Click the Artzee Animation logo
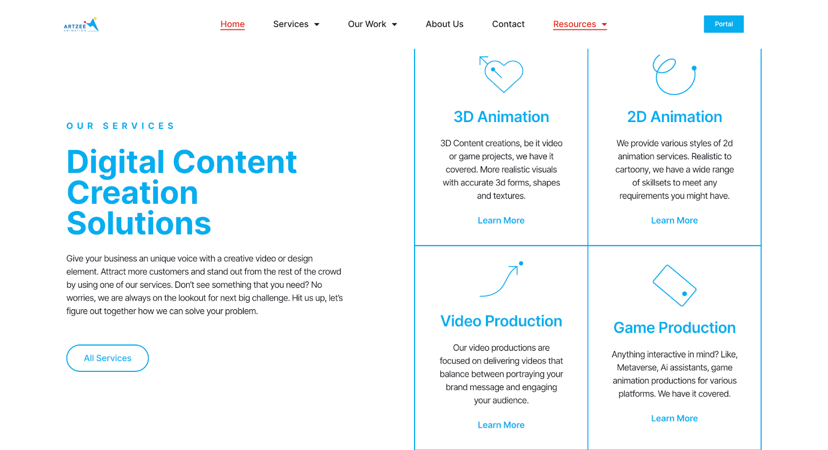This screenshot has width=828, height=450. pyautogui.click(x=81, y=24)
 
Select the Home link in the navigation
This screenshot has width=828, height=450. pyautogui.click(x=232, y=24)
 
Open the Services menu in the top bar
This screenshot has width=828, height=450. pyautogui.click(x=296, y=24)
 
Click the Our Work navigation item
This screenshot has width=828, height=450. pyautogui.click(x=373, y=24)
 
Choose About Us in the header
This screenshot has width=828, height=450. pyautogui.click(x=445, y=24)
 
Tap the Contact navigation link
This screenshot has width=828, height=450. pyautogui.click(x=508, y=24)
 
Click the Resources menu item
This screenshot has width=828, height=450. pyautogui.click(x=580, y=24)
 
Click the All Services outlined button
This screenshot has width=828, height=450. pyautogui.click(x=108, y=358)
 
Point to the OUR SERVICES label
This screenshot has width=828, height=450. pyautogui.click(x=120, y=126)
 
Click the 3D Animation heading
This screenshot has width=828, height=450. pyautogui.click(x=501, y=117)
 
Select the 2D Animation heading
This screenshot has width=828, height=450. pyautogui.click(x=675, y=117)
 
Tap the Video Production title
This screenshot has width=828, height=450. pyautogui.click(x=501, y=321)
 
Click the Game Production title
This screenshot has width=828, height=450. pyautogui.click(x=675, y=328)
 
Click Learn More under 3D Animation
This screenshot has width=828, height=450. pyautogui.click(x=501, y=220)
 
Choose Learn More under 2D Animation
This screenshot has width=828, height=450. pyautogui.click(x=675, y=220)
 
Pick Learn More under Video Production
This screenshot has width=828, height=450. pyautogui.click(x=501, y=425)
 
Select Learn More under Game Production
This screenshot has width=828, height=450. pyautogui.click(x=675, y=418)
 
